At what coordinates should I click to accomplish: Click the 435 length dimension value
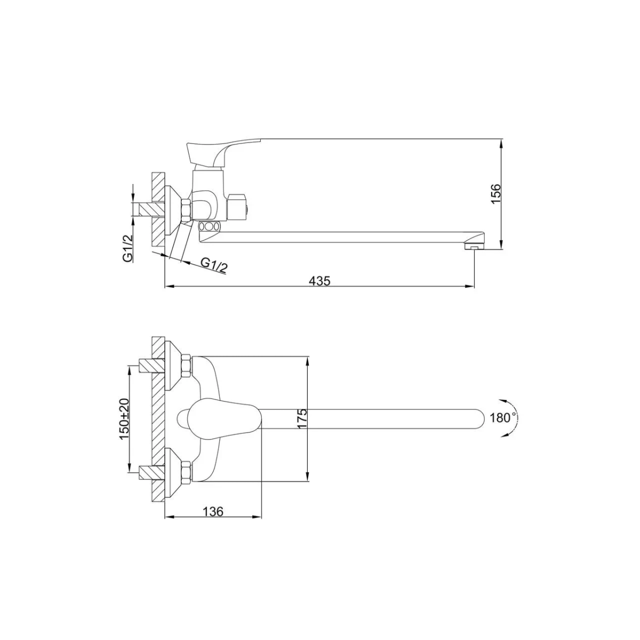click(x=319, y=281)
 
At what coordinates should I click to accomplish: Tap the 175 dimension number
click(x=302, y=419)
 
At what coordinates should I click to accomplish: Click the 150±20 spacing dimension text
click(x=125, y=419)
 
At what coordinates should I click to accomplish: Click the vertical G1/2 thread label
click(x=128, y=248)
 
